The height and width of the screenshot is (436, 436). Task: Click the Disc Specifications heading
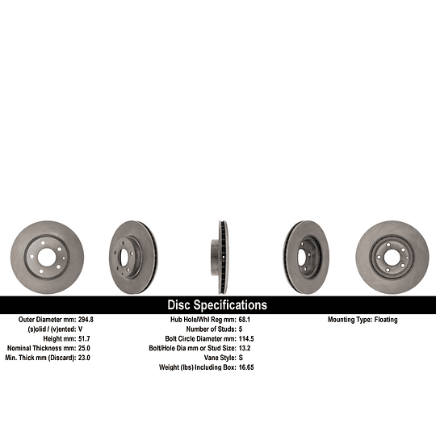pyautogui.click(x=217, y=305)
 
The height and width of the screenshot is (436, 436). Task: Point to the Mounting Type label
pyautogui.click(x=347, y=320)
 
